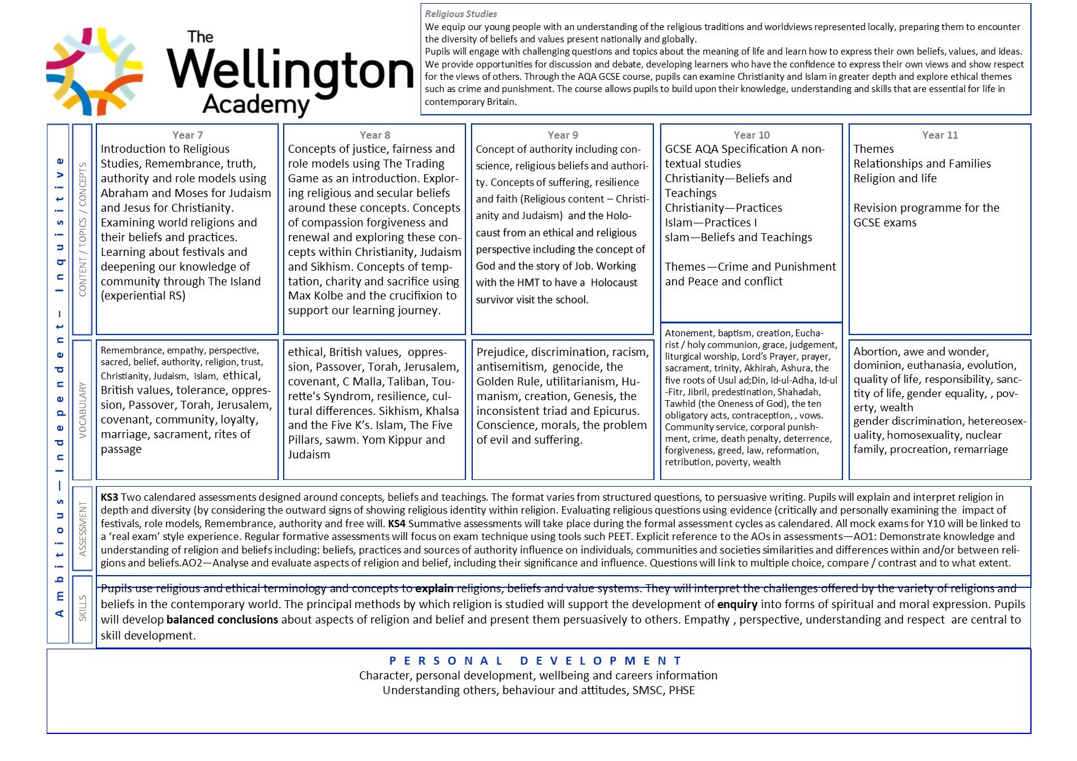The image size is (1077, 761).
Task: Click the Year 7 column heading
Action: click(187, 135)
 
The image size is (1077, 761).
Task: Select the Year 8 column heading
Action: click(375, 135)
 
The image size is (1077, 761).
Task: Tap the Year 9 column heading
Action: click(562, 135)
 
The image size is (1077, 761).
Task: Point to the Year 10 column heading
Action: click(751, 135)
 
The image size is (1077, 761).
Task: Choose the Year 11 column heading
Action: click(939, 135)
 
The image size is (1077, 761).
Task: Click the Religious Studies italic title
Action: click(461, 14)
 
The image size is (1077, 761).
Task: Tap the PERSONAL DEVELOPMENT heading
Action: click(535, 661)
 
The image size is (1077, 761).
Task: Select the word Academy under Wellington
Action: click(256, 105)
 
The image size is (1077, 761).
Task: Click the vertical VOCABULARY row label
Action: click(82, 410)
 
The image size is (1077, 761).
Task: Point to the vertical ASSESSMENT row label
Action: click(82, 529)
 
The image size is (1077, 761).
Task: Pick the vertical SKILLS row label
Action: click(82, 609)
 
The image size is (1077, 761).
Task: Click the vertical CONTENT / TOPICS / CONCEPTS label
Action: click(82, 230)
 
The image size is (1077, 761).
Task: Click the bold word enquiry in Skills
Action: click(737, 605)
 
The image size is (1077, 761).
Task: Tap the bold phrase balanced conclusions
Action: click(222, 620)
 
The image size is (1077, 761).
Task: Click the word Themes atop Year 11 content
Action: click(873, 149)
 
